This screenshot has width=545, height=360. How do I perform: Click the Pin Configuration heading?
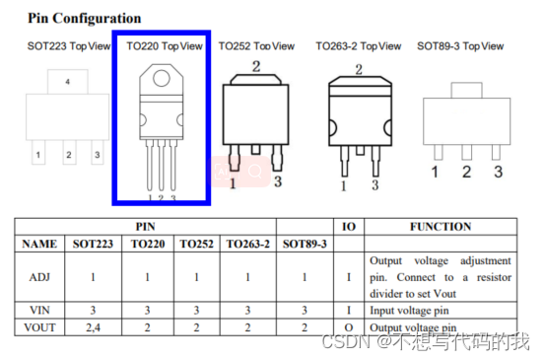[85, 19]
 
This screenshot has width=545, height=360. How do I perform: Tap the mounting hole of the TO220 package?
[162, 78]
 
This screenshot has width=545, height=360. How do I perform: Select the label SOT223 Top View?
[69, 46]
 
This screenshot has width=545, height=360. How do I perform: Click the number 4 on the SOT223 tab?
[67, 82]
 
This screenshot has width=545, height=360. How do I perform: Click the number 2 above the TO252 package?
[256, 66]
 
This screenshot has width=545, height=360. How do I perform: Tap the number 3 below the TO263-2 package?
[375, 185]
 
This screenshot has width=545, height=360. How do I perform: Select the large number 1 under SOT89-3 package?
[435, 172]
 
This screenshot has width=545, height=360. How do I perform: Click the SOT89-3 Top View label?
[460, 46]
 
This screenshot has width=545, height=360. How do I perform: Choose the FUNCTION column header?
[441, 227]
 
